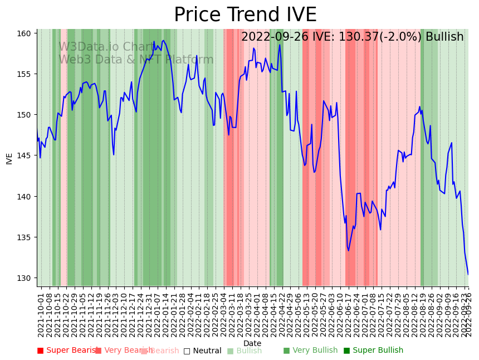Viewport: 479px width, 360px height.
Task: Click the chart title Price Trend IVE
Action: tap(245, 15)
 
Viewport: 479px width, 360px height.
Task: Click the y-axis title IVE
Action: tap(9, 158)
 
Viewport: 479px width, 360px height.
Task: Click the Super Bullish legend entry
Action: tap(373, 351)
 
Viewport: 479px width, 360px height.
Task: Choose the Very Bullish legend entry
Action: tap(310, 351)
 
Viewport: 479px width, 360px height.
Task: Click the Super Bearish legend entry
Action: tap(69, 351)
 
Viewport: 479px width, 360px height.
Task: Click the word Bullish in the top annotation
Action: tap(444, 37)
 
